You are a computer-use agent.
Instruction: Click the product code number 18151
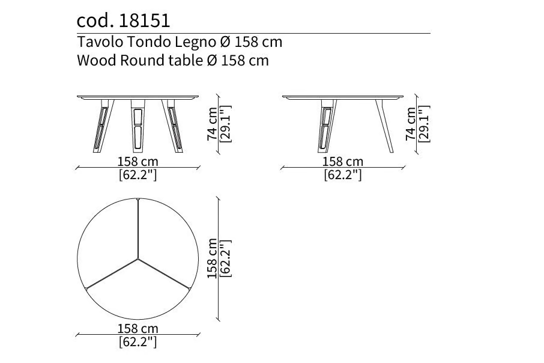tap(144, 20)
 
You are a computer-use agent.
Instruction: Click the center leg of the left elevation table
tap(138, 126)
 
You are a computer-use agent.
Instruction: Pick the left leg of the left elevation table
tap(103, 126)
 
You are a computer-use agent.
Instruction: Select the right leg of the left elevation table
tap(173, 126)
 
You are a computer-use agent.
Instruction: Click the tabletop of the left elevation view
tap(138, 97)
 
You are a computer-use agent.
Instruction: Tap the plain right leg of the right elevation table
tap(384, 126)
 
